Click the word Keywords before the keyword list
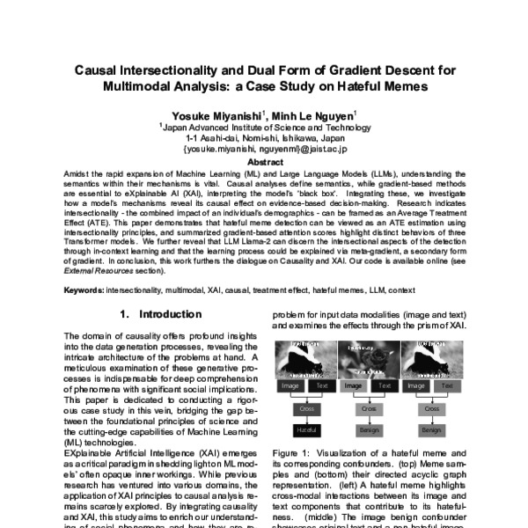[x=84, y=288]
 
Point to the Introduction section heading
[x=155, y=314]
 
